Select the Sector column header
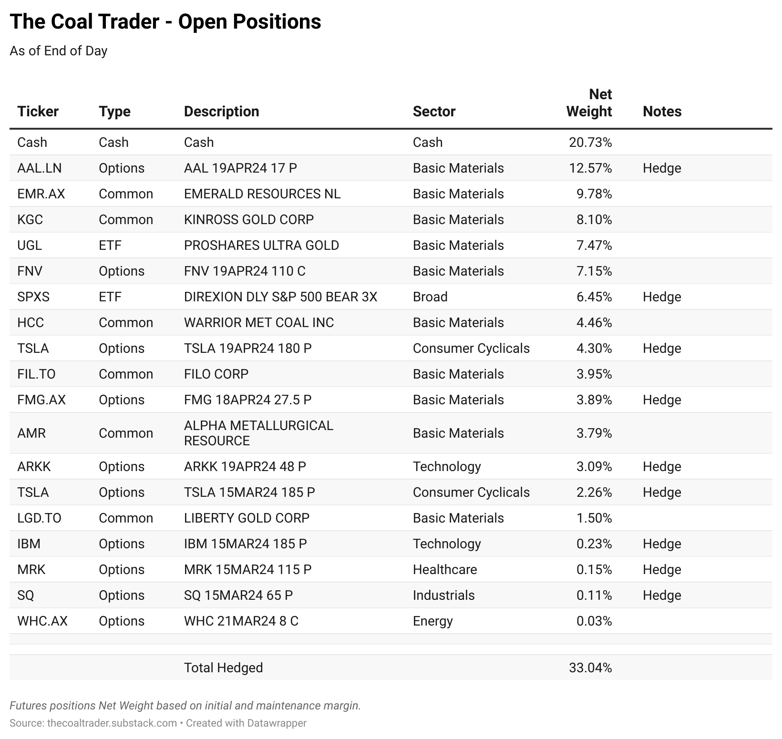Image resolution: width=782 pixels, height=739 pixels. click(x=434, y=111)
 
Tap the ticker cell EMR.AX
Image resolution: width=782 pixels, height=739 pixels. click(x=41, y=194)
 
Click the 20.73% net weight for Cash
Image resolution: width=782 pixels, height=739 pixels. click(x=590, y=142)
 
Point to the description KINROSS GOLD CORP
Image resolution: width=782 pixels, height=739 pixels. click(x=249, y=219)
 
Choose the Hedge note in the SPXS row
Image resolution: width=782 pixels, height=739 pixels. click(x=662, y=297)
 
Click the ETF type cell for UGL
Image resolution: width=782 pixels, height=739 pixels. click(x=110, y=245)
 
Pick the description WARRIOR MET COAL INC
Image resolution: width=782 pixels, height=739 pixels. click(x=259, y=322)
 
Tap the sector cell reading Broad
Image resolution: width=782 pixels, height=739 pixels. click(x=430, y=297)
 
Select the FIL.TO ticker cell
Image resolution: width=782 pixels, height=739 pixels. click(x=36, y=374)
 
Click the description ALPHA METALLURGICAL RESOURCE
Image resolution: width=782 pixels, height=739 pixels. click(x=258, y=433)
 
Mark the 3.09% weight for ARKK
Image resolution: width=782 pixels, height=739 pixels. click(x=594, y=466)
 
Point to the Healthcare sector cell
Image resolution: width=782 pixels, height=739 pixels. click(x=445, y=569)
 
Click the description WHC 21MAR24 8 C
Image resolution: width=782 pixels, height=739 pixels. click(x=241, y=621)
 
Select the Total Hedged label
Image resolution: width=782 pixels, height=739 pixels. click(x=223, y=667)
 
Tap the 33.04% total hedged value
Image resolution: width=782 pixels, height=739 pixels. click(x=590, y=667)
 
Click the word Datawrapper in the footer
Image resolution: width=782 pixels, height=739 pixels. click(x=277, y=723)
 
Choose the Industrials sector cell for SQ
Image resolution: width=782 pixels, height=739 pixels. click(x=443, y=595)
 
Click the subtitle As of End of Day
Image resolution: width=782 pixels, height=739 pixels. click(x=58, y=51)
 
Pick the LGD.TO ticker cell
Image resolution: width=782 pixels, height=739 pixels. click(x=39, y=518)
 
